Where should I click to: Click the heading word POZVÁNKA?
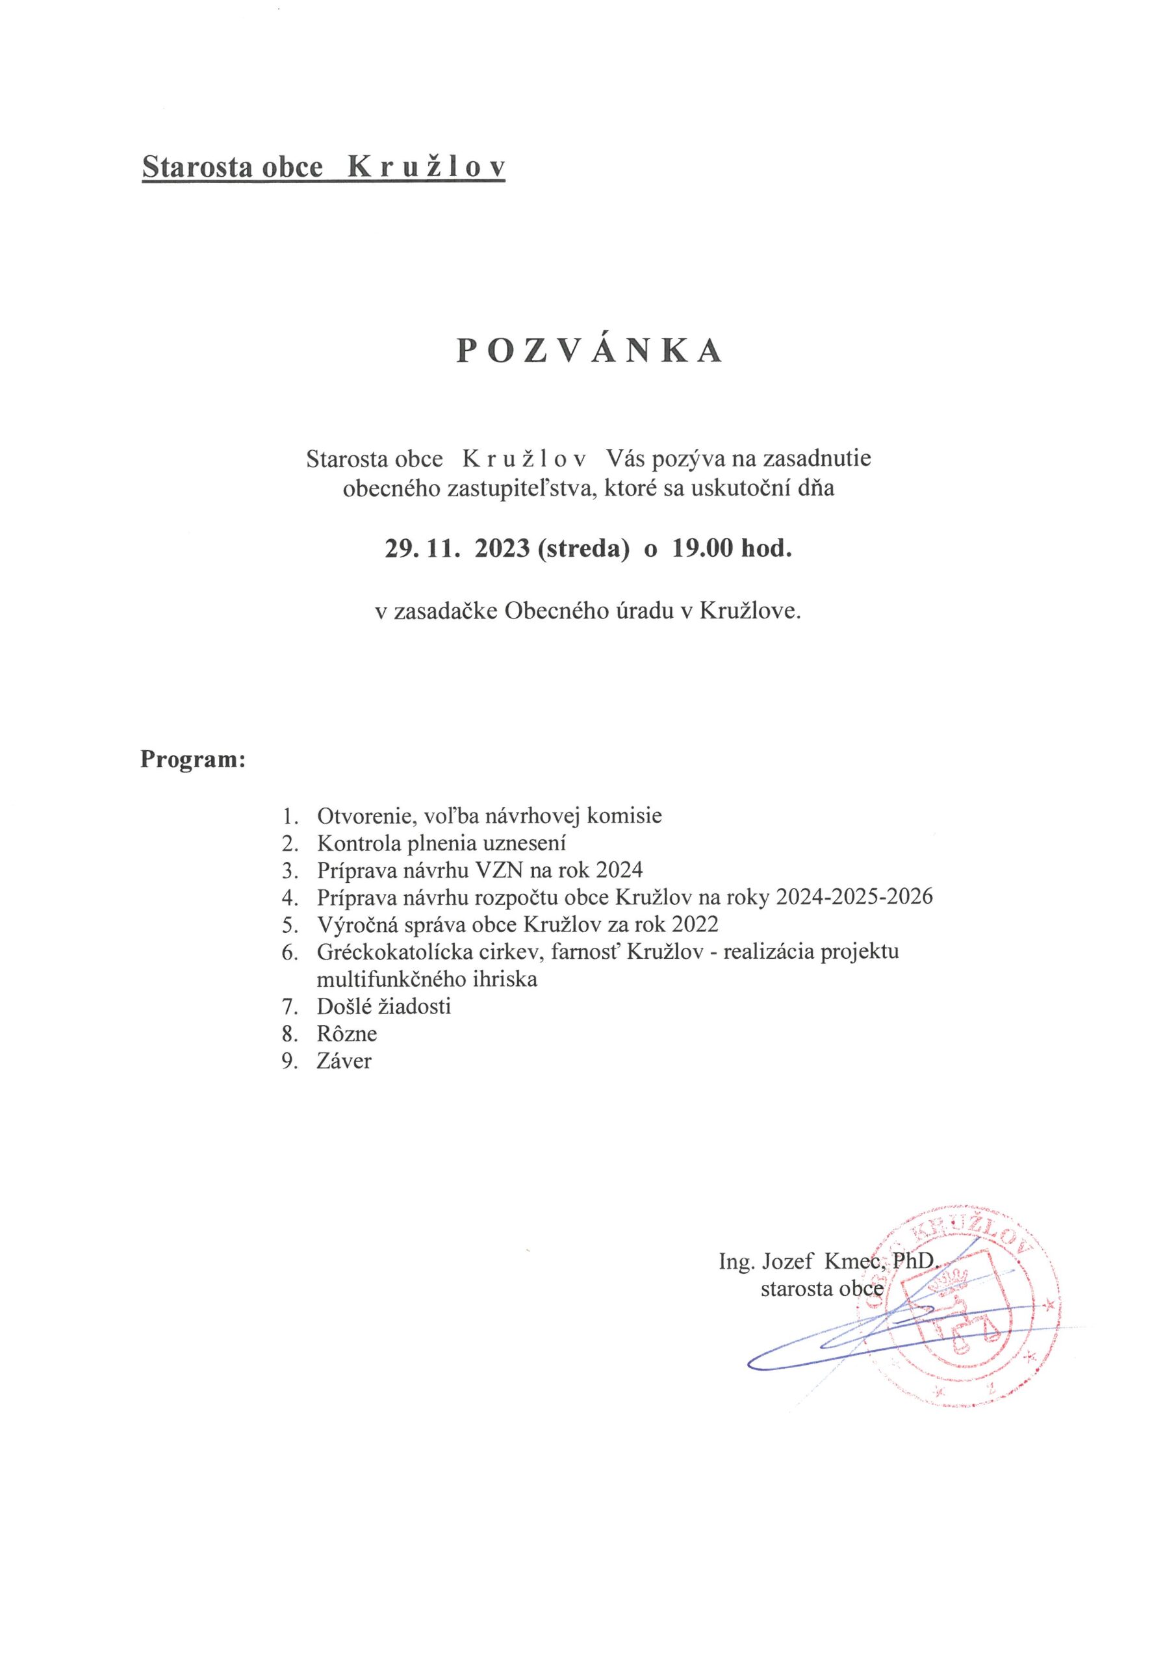[589, 351]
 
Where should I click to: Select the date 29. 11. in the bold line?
[422, 548]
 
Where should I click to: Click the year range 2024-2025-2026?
[854, 897]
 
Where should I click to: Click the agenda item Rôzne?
[347, 1034]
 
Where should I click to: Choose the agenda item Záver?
[344, 1061]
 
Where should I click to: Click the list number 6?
[289, 952]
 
